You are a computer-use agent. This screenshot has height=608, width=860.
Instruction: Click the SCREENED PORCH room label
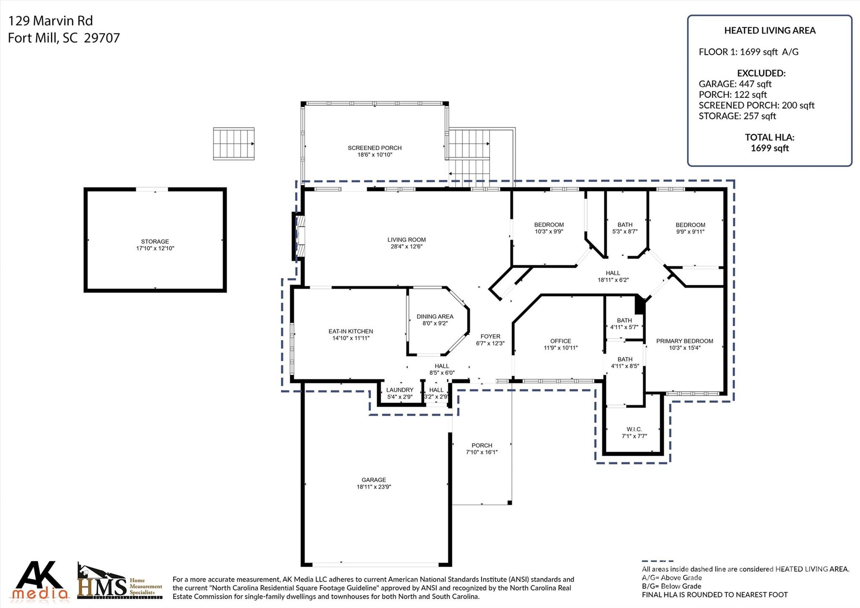tap(375, 148)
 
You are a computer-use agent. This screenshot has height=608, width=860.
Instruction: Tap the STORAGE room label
tap(155, 242)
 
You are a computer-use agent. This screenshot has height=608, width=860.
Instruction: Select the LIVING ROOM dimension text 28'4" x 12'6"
tap(406, 247)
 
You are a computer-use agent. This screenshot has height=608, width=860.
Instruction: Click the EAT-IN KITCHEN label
tap(351, 332)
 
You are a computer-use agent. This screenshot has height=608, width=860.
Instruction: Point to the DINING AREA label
tap(435, 316)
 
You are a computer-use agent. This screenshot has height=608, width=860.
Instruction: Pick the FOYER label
tap(490, 337)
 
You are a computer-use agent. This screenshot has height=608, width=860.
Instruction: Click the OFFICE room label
tap(561, 341)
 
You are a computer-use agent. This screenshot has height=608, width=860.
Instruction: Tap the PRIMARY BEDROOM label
tap(684, 341)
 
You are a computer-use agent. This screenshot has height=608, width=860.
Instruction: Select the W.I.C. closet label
tap(634, 429)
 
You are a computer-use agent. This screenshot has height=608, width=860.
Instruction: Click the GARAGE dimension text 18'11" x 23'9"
tap(374, 487)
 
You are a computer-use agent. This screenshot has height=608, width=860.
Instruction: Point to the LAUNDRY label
tap(400, 390)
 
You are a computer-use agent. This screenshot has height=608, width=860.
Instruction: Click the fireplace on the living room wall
tap(299, 236)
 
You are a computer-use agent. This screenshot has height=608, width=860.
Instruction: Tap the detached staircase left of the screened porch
tap(234, 144)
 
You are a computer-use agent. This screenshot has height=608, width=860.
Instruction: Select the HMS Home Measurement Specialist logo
tap(120, 581)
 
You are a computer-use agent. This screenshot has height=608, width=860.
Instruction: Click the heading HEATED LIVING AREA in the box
tap(770, 31)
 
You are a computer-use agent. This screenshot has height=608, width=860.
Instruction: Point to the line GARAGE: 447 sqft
tap(735, 84)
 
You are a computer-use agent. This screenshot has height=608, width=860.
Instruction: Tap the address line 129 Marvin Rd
tap(51, 21)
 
